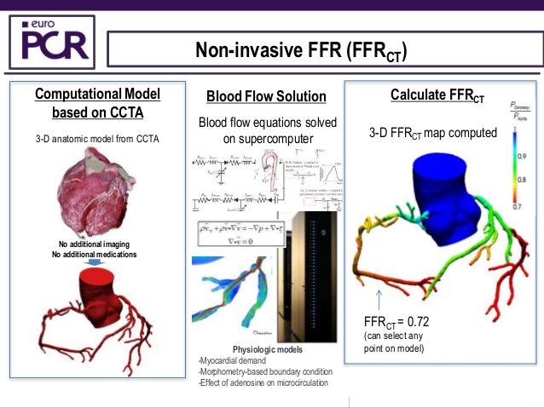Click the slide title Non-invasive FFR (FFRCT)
coord(301,52)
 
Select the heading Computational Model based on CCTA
coord(97,102)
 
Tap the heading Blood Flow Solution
coord(267,96)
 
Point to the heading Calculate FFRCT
coord(437,95)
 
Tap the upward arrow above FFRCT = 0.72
coord(377,299)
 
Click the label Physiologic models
coord(267,350)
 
